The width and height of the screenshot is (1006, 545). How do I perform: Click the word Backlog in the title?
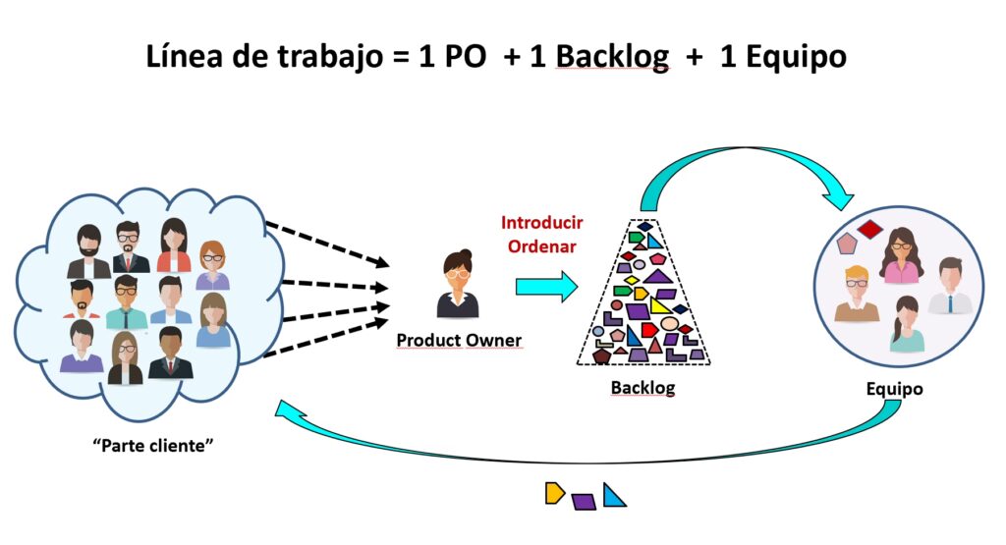pos(612,57)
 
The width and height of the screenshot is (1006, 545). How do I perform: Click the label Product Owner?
pos(459,341)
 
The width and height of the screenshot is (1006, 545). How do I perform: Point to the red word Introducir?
pos(541,222)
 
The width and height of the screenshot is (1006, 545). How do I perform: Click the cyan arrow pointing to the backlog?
pos(546,287)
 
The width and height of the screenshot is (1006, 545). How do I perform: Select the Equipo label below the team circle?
pos(894,389)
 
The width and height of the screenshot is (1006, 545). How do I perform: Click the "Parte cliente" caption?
pos(152,445)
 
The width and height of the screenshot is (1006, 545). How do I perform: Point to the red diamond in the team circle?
pos(870,230)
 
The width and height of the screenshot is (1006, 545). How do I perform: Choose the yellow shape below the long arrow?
pos(555,493)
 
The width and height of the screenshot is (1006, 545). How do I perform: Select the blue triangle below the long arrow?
pos(614,495)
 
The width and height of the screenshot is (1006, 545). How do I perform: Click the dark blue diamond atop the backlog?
pos(643,227)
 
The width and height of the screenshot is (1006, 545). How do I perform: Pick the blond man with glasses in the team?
pos(856,294)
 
